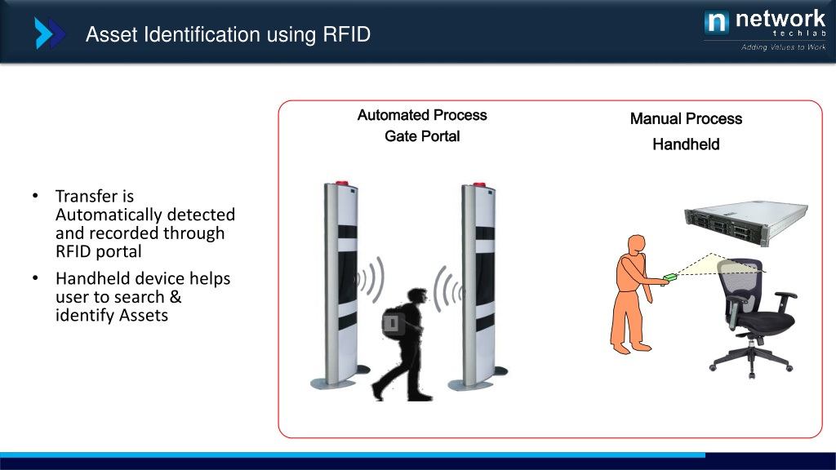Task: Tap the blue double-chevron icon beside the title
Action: tap(49, 34)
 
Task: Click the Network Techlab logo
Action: tap(764, 23)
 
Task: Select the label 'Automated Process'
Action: tap(422, 115)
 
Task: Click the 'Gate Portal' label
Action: tap(422, 136)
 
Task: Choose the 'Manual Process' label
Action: tap(686, 119)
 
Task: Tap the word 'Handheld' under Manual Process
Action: tap(686, 144)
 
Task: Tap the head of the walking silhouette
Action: tap(414, 298)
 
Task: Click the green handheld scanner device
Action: tap(671, 277)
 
